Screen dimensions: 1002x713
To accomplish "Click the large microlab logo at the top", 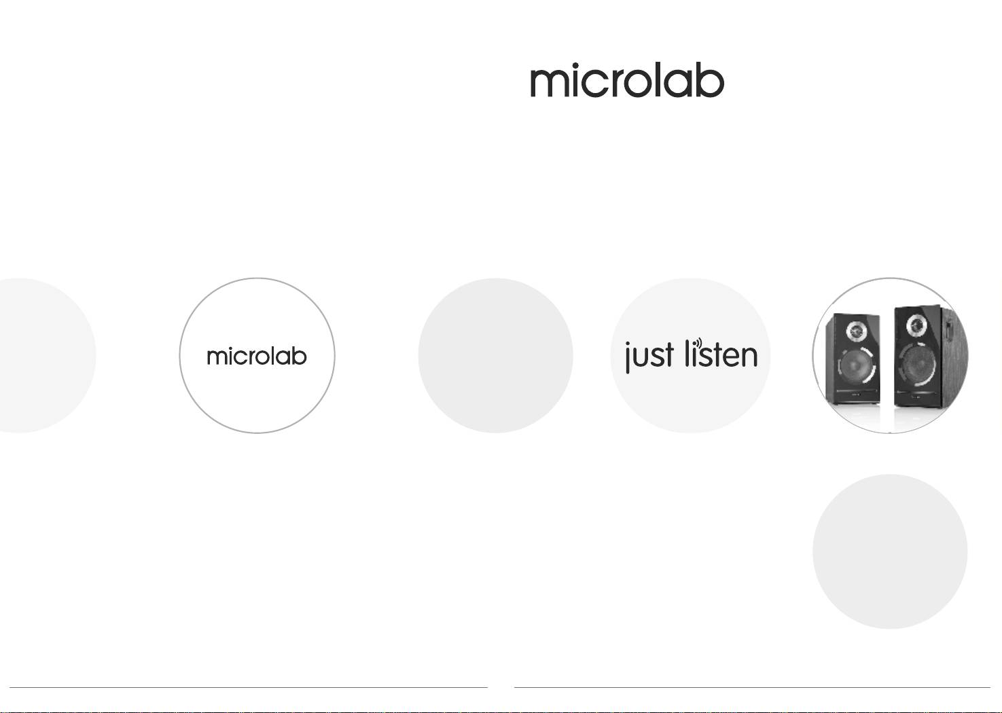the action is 627,80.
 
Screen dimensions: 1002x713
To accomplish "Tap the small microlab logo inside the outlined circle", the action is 257,356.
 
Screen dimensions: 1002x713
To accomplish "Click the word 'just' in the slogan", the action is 649,356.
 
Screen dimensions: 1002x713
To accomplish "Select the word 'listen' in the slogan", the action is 721,353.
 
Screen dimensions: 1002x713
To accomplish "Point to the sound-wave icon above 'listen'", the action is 699,344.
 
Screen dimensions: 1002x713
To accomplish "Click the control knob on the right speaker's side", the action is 948,330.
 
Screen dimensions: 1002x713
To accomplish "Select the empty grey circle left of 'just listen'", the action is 496,355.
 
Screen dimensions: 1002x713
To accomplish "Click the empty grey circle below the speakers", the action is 890,551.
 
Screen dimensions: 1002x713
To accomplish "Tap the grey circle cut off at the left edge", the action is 47,355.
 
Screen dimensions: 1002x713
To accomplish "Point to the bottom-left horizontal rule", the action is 248,687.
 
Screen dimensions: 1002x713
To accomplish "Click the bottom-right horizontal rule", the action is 753,687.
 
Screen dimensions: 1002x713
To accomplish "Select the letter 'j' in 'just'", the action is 628,358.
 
